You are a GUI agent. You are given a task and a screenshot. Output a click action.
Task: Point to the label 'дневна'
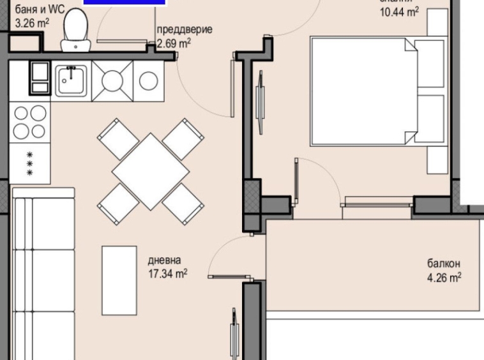pyautogui.click(x=164, y=260)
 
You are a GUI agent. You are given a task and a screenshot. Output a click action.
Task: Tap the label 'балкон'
pyautogui.click(x=444, y=264)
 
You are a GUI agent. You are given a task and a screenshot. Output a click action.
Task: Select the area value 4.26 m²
pyautogui.click(x=444, y=278)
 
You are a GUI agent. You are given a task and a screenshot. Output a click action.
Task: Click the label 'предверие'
pyautogui.click(x=185, y=30)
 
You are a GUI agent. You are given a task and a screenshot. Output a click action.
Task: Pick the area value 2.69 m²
pyautogui.click(x=174, y=43)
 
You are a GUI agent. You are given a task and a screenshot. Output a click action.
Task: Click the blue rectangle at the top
pyautogui.click(x=125, y=3)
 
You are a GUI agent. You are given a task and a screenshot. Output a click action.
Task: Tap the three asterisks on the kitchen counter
pyautogui.click(x=29, y=163)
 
